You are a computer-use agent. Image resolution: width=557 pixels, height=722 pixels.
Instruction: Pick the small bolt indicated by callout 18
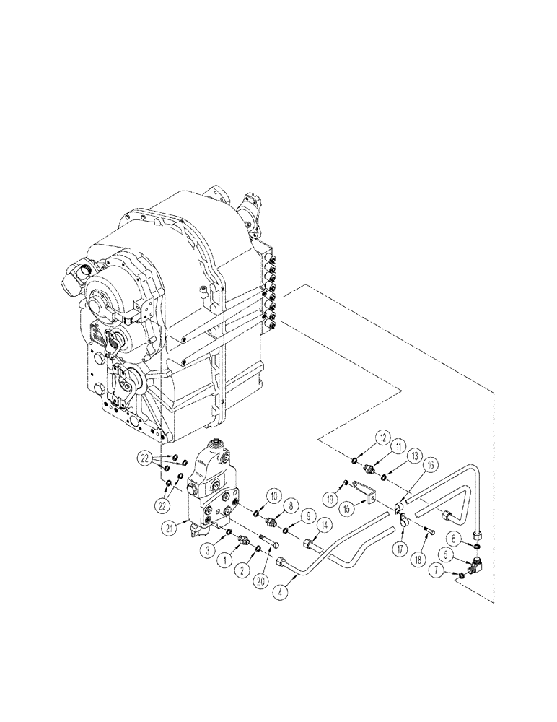(x=431, y=532)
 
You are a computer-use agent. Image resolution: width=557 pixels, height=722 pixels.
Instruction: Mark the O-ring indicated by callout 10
(x=258, y=514)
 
